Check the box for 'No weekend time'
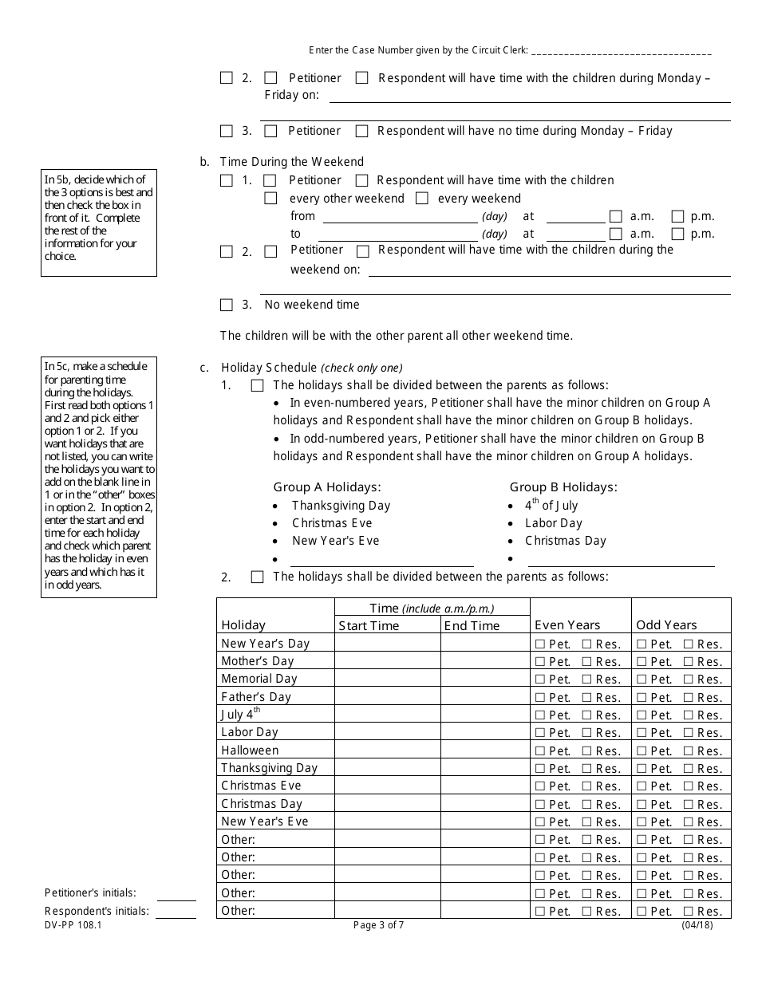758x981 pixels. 227,305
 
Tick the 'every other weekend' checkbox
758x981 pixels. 271,199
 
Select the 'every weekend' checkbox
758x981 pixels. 422,199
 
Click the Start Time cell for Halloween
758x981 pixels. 387,751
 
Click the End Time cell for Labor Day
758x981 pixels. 484,732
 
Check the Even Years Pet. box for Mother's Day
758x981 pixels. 540,662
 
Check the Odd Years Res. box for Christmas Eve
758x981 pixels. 689,786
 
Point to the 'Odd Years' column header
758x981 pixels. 666,625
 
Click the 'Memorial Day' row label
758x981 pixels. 259,679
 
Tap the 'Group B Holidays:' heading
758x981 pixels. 563,487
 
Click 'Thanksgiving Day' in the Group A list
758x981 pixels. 341,506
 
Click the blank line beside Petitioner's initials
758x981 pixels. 176,894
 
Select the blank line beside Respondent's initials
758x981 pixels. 176,912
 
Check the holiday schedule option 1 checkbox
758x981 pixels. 257,386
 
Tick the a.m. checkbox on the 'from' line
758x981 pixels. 615,216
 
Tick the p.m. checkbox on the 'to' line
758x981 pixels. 677,234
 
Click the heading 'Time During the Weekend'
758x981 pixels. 292,162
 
